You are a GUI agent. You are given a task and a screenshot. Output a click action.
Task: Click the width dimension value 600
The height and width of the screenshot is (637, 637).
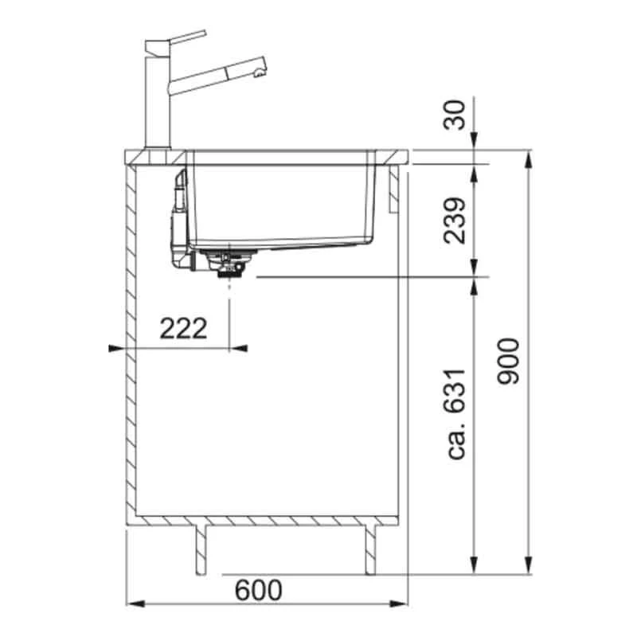(x=259, y=590)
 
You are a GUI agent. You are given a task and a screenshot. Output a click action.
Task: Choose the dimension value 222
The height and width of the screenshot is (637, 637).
(x=184, y=327)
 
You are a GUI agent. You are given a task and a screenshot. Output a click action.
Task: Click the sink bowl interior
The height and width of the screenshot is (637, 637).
(x=279, y=203)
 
